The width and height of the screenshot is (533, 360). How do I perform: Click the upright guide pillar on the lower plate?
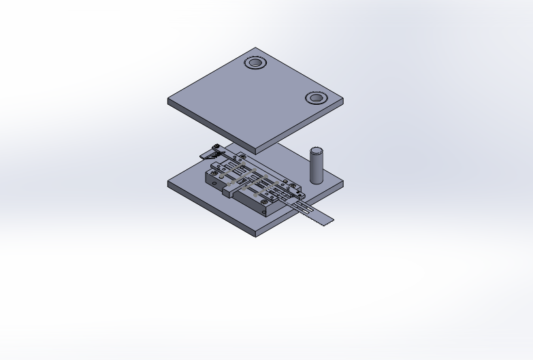tap(317, 167)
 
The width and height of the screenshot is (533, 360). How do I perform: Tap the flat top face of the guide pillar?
tap(317, 150)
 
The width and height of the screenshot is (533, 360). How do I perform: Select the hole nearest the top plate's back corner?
tap(256, 63)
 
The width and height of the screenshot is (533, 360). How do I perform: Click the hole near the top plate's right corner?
tap(315, 98)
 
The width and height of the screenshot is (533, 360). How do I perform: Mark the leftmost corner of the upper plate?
tap(169, 101)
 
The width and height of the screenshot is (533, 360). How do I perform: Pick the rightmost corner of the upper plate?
tap(342, 101)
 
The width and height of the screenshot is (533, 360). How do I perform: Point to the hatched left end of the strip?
tap(207, 154)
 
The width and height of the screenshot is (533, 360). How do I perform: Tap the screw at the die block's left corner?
tap(214, 174)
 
